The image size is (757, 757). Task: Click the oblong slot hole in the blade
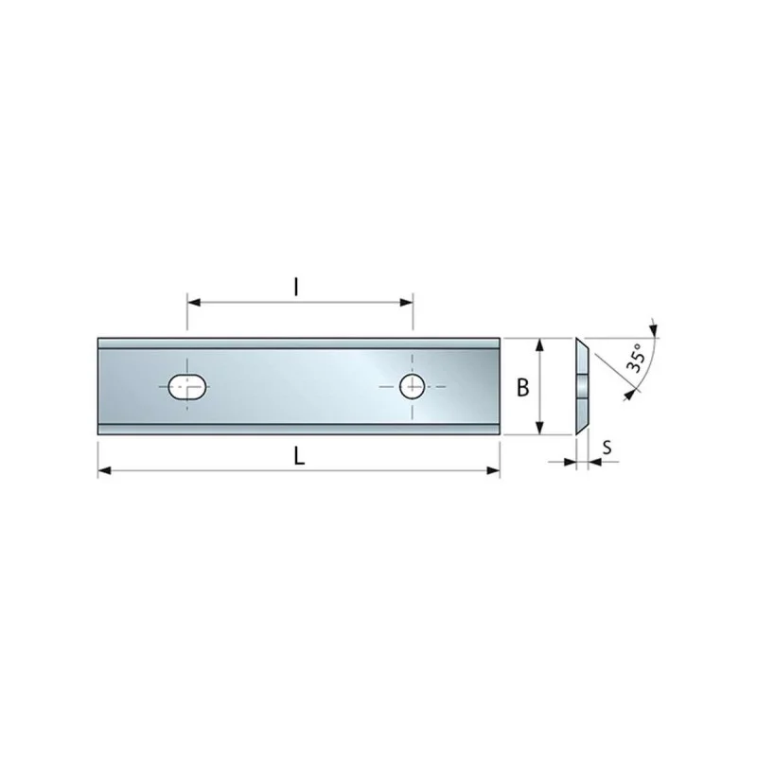[187, 387]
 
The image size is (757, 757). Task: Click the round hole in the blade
[412, 386]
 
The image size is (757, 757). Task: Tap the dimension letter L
[299, 456]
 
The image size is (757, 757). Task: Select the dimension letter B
[523, 387]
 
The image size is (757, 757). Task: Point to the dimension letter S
[607, 448]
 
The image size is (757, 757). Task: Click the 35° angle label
[636, 358]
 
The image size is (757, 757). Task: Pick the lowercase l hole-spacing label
[296, 288]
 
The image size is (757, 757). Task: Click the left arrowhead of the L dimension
[104, 470]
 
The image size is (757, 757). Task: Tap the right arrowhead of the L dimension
[493, 470]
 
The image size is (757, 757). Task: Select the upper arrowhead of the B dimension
[540, 344]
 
